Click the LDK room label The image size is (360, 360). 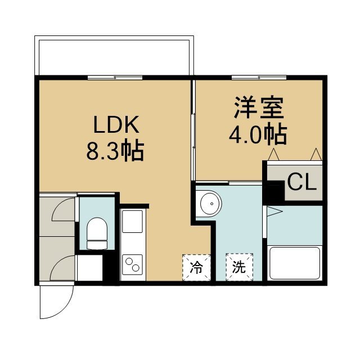[116, 124]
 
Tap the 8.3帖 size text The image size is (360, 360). [115, 151]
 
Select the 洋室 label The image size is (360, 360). [258, 107]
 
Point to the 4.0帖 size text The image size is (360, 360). [258, 135]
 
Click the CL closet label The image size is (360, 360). [302, 182]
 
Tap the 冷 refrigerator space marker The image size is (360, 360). [196, 267]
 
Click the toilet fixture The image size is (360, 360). [97, 233]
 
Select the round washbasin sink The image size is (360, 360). [211, 204]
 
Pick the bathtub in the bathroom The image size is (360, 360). [295, 263]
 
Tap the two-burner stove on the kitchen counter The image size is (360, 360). [132, 264]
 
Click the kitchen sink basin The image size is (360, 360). [132, 221]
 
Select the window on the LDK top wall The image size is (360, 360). [115, 78]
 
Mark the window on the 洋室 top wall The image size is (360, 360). [259, 78]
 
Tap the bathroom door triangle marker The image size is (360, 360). [274, 211]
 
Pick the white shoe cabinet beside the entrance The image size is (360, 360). [90, 268]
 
